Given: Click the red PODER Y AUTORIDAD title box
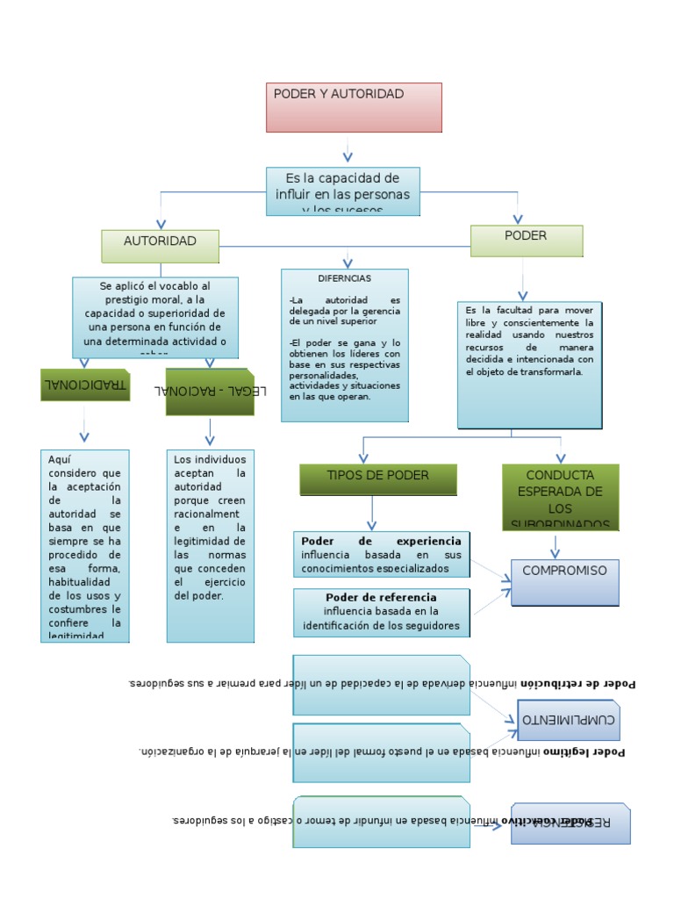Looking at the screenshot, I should point(354,107).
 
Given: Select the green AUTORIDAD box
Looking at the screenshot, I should point(160,246).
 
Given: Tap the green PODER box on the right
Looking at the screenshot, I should point(527,241).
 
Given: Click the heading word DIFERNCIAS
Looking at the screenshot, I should point(344,278).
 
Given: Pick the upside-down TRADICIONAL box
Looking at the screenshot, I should point(85,385).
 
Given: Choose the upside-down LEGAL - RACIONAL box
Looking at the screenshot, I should point(210,392).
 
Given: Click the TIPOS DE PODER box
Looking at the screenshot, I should point(378,479).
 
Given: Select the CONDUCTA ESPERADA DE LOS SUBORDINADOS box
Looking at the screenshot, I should point(561,497).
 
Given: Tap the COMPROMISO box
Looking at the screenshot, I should point(564,582).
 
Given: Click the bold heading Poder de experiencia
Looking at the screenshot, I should point(380,542).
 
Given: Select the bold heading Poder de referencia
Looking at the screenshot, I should point(381,598).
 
